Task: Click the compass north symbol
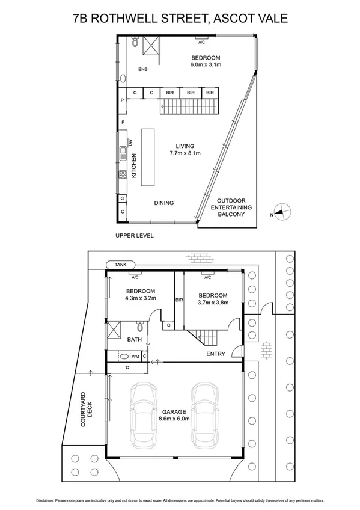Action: coord(282,212)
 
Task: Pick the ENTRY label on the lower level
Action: coord(215,354)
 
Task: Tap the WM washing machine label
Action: coord(135,357)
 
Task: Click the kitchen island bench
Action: coord(147,158)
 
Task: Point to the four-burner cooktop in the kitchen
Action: coord(122,175)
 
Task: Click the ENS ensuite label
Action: coord(142,70)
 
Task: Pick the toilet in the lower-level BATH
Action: coord(140,328)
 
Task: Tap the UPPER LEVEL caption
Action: coord(135,235)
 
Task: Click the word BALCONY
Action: coord(231,214)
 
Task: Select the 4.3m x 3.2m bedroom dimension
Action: coord(141,297)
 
